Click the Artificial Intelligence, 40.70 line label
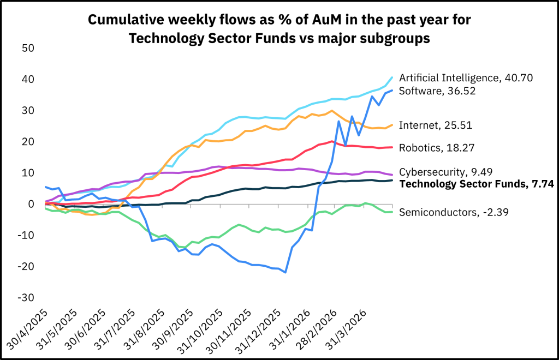(466, 78)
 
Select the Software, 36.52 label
(437, 91)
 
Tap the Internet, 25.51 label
(435, 125)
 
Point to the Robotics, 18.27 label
(437, 148)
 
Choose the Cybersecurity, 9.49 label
(445, 172)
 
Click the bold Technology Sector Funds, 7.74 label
(477, 184)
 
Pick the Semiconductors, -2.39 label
(454, 213)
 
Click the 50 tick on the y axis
(28, 48)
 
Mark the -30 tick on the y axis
(26, 298)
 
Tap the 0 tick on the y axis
(31, 204)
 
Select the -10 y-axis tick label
(26, 236)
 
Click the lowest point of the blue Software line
(286, 272)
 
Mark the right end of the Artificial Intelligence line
(392, 77)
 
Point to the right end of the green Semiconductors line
(392, 212)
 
